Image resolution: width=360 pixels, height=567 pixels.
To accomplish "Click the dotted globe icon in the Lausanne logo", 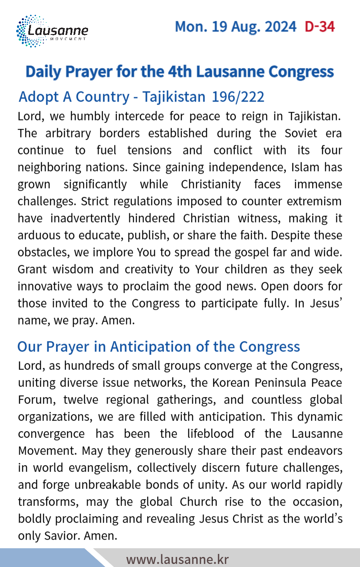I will [27, 31].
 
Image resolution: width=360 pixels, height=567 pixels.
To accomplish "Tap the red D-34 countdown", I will [319, 27].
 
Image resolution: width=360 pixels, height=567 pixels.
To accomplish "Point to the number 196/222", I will [238, 96].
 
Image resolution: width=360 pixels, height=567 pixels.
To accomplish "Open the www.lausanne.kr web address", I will [177, 559].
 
